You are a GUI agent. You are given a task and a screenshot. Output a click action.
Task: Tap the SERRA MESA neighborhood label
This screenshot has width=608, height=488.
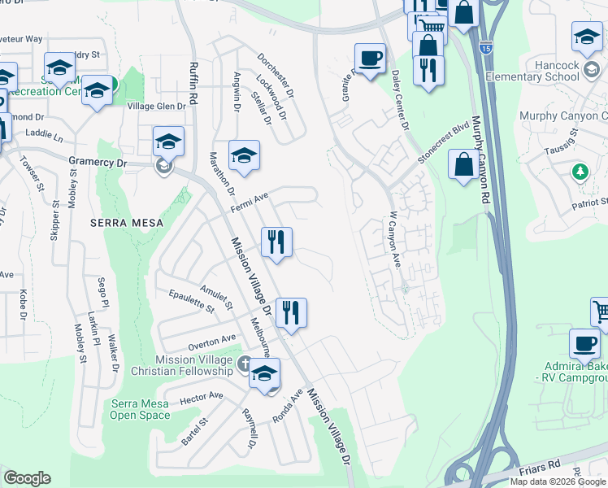[x=127, y=222]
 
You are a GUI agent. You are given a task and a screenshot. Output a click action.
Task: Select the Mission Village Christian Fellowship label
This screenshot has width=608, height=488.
[x=194, y=365]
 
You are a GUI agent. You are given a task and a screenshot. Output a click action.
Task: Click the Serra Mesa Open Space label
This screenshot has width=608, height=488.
[x=141, y=409]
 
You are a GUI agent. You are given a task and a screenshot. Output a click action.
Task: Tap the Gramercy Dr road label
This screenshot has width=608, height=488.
[x=99, y=162]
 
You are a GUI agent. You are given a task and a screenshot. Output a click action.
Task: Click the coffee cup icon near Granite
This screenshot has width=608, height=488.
[x=370, y=59]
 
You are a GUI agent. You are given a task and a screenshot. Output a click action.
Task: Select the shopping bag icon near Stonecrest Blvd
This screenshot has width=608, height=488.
[x=463, y=164]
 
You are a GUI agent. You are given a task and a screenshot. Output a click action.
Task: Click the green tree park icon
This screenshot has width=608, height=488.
[x=580, y=172]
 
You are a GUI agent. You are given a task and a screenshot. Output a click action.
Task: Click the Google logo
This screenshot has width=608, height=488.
[x=27, y=478]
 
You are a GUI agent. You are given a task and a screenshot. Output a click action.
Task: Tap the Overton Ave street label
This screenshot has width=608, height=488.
[x=211, y=342]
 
